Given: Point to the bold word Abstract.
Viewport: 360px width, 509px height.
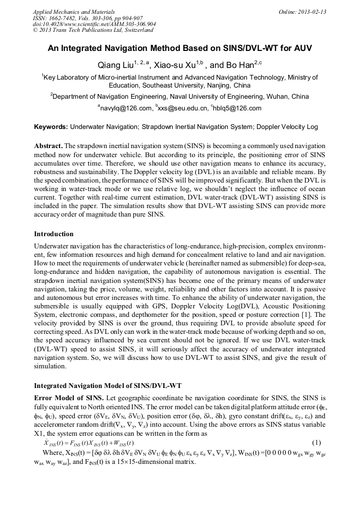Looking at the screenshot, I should point(48,145).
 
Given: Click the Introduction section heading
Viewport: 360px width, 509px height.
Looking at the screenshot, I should point(54,234).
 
